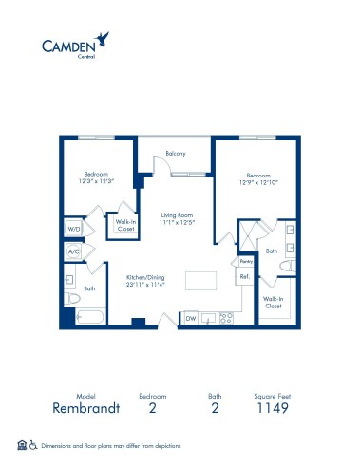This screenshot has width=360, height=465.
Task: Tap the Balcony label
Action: coord(175,154)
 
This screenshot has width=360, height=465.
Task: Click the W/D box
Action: coord(73,230)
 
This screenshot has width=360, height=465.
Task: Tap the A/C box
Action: coord(73,252)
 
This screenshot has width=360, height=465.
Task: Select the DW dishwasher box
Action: coord(190,318)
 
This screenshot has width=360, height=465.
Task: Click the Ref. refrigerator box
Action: coord(244,276)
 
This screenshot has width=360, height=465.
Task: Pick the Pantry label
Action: coord(244,260)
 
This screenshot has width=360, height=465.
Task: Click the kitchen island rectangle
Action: coord(199,281)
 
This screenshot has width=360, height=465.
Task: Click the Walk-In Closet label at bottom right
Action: coord(273,303)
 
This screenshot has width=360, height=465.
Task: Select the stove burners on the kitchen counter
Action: coord(225,318)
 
